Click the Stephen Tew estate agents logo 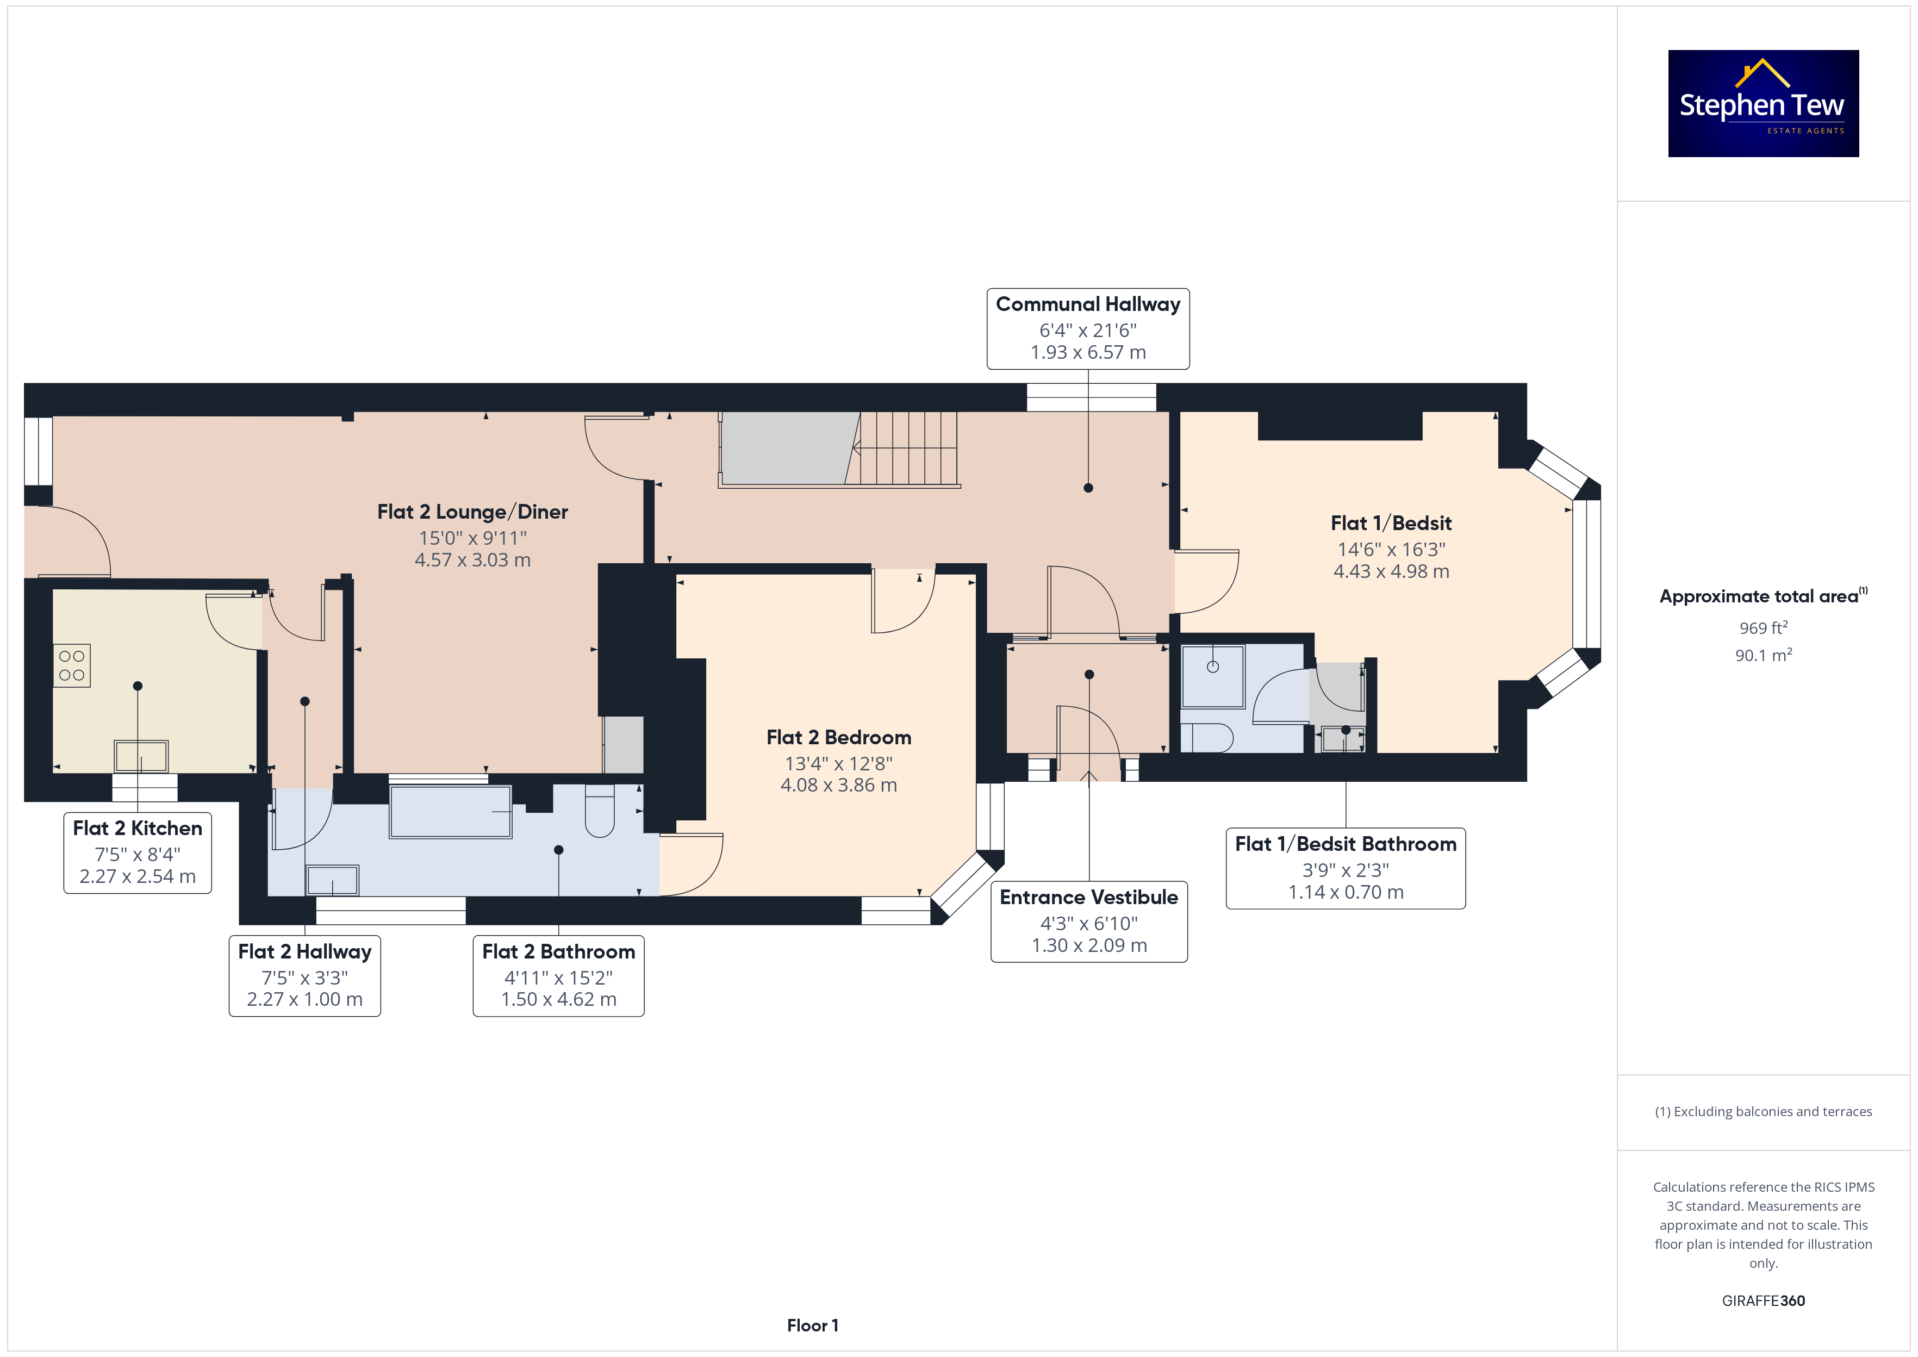[1764, 104]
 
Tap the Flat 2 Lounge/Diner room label [473, 512]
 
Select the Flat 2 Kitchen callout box [138, 852]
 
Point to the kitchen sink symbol [141, 756]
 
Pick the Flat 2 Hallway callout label [305, 975]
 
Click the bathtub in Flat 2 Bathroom [450, 811]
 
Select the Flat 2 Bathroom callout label [559, 975]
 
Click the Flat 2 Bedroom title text [839, 738]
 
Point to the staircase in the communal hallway [839, 449]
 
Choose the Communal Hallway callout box [1088, 328]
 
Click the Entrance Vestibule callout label [1089, 922]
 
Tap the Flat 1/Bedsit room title [1392, 524]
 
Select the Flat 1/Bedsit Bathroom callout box [1346, 868]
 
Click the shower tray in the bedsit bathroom [1213, 676]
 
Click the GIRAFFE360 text [1764, 1301]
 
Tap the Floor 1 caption [813, 1325]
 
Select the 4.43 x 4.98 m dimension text [1392, 571]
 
